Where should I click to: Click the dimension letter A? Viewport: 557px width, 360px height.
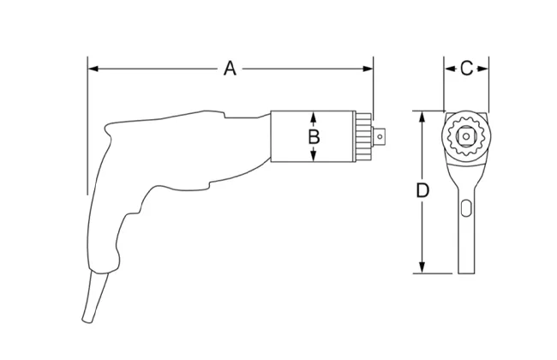[x=230, y=69]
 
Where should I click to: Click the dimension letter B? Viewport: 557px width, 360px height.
[x=314, y=137]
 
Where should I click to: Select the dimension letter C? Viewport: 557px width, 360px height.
[x=466, y=69]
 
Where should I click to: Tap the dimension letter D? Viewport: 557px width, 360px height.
[x=422, y=191]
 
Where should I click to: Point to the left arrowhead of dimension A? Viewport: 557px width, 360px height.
[x=93, y=69]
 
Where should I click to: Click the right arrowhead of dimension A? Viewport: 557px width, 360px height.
[x=368, y=69]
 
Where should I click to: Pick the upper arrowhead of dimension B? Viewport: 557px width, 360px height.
[x=313, y=117]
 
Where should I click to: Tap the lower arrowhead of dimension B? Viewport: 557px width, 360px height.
[x=313, y=156]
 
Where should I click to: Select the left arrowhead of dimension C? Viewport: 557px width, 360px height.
[x=450, y=69]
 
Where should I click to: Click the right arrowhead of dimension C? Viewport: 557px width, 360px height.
[x=483, y=69]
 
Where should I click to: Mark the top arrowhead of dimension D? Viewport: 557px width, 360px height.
[x=422, y=117]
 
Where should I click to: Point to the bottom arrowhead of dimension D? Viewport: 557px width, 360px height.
[x=422, y=267]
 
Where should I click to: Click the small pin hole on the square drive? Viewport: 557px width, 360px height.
[x=380, y=136]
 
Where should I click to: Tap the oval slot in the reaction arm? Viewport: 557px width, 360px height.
[x=466, y=208]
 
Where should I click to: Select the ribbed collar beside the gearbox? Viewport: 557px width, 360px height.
[x=363, y=136]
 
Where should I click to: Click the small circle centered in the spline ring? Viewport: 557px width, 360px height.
[x=466, y=136]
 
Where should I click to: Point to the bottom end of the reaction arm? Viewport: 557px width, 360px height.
[x=466, y=273]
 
